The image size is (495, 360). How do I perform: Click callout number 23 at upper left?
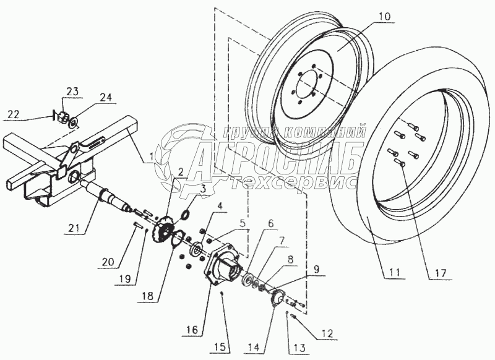72,92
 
